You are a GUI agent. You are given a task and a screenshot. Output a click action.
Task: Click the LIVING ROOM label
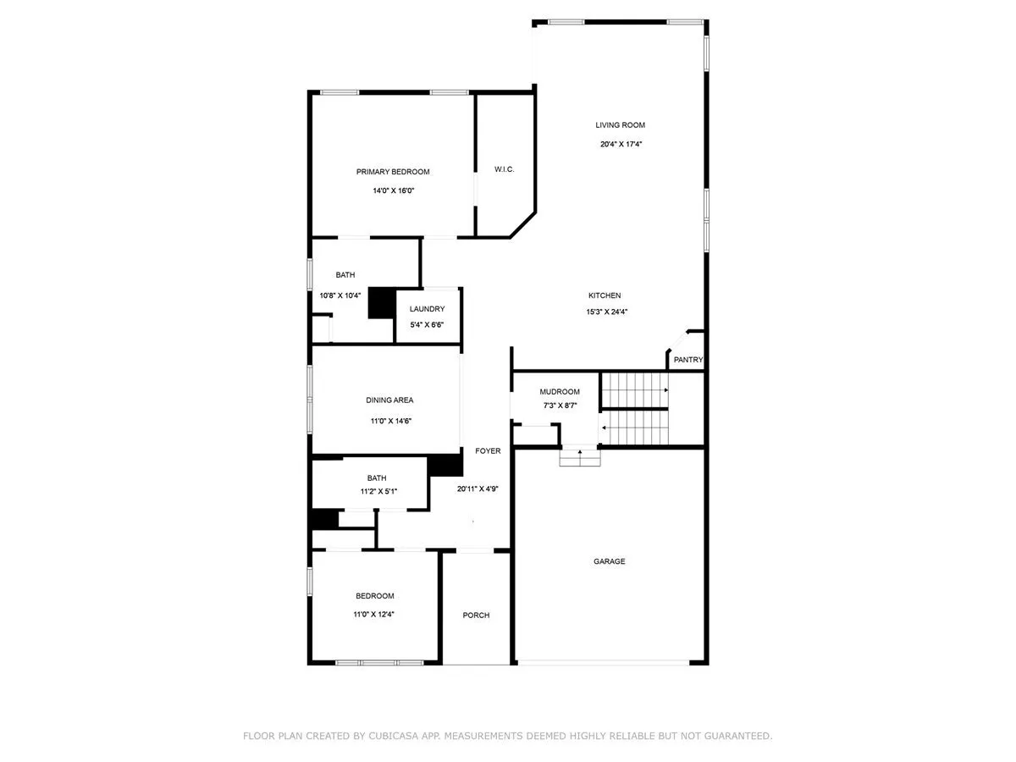pos(620,125)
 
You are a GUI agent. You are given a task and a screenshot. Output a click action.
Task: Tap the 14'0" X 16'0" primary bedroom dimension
pos(393,190)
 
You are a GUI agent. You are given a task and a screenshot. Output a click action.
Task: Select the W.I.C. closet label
pos(504,169)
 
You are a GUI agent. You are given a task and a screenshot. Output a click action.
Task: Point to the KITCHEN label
pos(604,295)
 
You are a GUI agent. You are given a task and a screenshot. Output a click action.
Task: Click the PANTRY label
pos(687,360)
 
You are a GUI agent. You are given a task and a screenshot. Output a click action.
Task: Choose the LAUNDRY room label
pos(427,308)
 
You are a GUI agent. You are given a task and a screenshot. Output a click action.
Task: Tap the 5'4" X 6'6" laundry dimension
pos(427,325)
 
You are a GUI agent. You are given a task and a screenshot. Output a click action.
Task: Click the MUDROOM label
pos(559,391)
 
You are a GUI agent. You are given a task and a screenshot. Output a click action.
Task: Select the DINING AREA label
pos(389,400)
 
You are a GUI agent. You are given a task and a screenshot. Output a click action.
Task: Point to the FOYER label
pos(488,450)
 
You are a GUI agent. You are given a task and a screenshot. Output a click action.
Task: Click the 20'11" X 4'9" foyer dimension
pos(478,489)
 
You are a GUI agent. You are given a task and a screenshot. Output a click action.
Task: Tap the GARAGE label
pos(609,561)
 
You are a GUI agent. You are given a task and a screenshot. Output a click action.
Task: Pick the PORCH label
pos(476,615)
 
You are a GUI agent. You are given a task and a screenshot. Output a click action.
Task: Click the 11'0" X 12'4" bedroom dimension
pos(373,615)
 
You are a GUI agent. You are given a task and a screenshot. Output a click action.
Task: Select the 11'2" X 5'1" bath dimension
pos(378,491)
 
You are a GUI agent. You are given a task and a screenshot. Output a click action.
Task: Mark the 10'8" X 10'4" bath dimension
pos(340,295)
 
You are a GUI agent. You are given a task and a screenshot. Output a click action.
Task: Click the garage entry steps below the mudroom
pos(579,457)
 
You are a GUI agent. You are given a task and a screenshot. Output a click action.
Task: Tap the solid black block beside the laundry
pos(382,302)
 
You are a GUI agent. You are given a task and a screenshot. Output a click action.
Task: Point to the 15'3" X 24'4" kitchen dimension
pos(606,312)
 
